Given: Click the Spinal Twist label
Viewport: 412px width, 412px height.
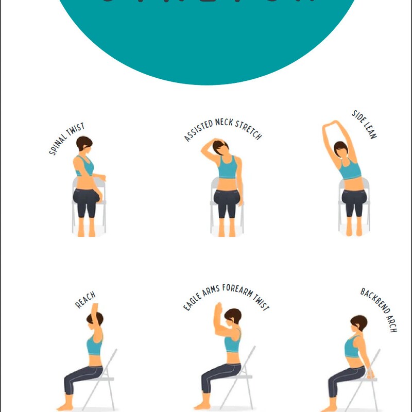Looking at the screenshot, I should point(66,139).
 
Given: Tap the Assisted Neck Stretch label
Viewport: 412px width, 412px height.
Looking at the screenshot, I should point(222,126).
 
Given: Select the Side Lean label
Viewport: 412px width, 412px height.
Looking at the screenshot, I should point(365,124).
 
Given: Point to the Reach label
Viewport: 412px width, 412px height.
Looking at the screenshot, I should point(85,300).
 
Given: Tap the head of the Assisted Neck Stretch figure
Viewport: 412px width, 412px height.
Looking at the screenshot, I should point(221,148).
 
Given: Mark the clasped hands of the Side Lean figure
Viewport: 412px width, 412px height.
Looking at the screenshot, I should point(337,123).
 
